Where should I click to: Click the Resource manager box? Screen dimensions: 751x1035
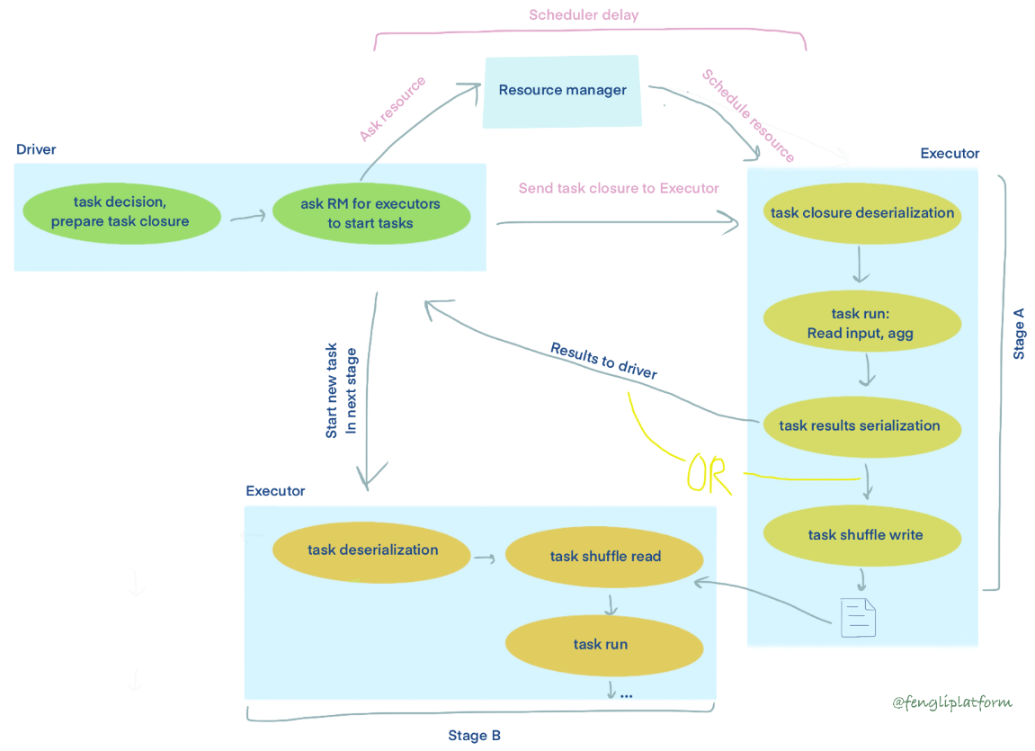(x=563, y=91)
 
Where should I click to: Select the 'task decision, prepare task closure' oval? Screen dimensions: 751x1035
(x=120, y=212)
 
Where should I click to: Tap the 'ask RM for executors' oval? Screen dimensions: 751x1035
(x=370, y=213)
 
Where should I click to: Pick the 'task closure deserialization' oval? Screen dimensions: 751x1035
(x=861, y=213)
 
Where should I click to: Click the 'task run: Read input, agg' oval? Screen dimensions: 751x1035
(x=861, y=324)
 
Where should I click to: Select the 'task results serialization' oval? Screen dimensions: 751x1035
(x=861, y=425)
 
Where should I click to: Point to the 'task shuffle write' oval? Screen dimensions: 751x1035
(x=861, y=534)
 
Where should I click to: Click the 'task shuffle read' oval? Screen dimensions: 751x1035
(x=604, y=556)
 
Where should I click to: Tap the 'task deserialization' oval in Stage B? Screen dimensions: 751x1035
(x=372, y=550)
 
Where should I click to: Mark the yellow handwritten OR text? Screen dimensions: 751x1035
(x=709, y=476)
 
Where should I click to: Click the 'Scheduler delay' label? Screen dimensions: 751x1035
(x=584, y=15)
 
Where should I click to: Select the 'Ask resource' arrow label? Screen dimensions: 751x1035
(x=392, y=109)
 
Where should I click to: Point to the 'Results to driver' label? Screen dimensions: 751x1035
(x=603, y=361)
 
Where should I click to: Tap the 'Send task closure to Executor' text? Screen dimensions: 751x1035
(x=619, y=188)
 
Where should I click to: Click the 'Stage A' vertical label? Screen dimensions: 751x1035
(x=1019, y=334)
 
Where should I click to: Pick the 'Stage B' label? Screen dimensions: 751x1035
(x=474, y=736)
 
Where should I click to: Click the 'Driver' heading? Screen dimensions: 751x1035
(x=36, y=149)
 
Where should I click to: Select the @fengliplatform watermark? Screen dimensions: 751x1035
(x=951, y=702)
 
